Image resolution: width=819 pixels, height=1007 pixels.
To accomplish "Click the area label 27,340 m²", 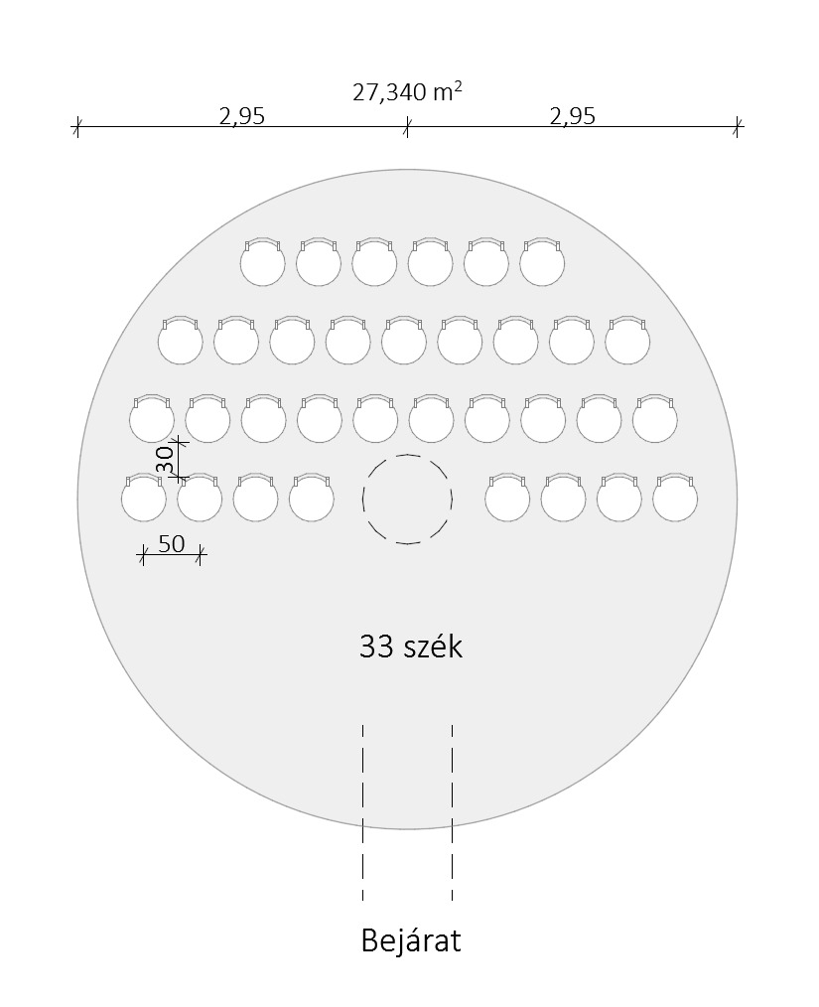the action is pyautogui.click(x=407, y=91).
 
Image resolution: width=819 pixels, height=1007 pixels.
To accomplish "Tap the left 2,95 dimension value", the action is pyautogui.click(x=242, y=116).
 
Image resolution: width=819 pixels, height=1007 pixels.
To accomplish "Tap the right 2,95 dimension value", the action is pyautogui.click(x=573, y=116).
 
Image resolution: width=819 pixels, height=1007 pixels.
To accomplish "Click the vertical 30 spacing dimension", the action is pyautogui.click(x=165, y=460).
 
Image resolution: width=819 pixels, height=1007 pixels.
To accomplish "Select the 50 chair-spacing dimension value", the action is pyautogui.click(x=172, y=544).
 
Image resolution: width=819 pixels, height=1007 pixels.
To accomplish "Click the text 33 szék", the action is pyautogui.click(x=411, y=647).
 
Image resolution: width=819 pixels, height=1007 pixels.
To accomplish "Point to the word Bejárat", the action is pyautogui.click(x=411, y=940).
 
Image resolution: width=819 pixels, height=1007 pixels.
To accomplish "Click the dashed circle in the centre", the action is pyautogui.click(x=408, y=455).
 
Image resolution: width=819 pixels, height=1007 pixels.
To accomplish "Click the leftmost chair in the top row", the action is pyautogui.click(x=262, y=261).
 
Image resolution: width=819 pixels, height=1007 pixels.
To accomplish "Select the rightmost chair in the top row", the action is pyautogui.click(x=542, y=261).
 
